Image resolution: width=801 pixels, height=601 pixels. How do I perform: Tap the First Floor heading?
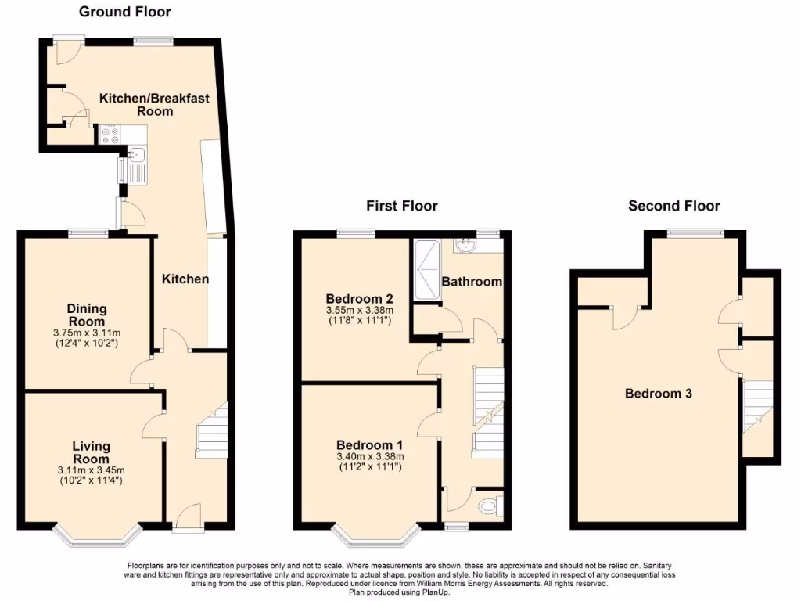402,206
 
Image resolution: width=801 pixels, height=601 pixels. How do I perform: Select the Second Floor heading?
674,206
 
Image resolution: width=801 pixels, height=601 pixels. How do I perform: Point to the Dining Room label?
87,315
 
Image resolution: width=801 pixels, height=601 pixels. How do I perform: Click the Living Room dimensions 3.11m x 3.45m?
91,470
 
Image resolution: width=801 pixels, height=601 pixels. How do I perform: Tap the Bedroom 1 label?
368,444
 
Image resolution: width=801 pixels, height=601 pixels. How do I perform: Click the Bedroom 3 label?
658,394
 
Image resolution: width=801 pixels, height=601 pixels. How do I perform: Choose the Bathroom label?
471,282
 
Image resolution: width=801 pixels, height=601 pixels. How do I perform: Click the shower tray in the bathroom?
427,270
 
